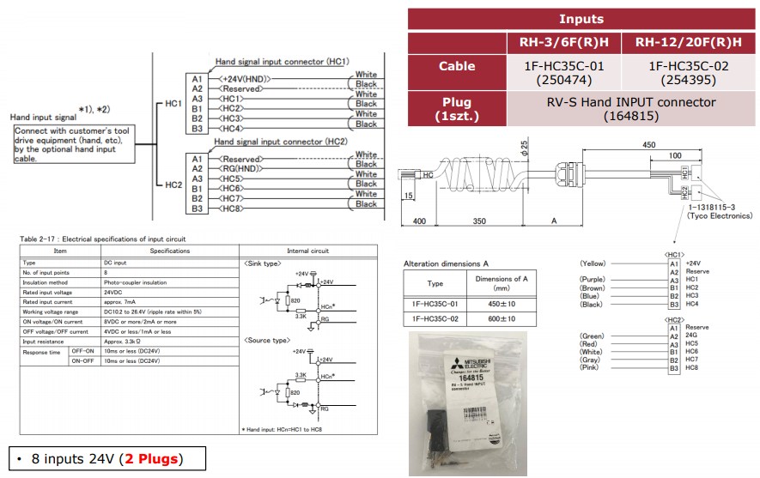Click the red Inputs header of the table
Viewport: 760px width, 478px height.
click(581, 19)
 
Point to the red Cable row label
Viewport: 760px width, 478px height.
click(457, 66)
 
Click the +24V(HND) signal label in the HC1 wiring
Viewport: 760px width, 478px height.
click(244, 79)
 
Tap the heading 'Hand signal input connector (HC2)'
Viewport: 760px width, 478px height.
click(282, 141)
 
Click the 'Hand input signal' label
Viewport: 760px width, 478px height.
click(43, 116)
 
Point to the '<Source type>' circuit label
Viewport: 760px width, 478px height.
click(266, 341)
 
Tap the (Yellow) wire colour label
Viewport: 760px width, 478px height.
click(593, 263)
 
